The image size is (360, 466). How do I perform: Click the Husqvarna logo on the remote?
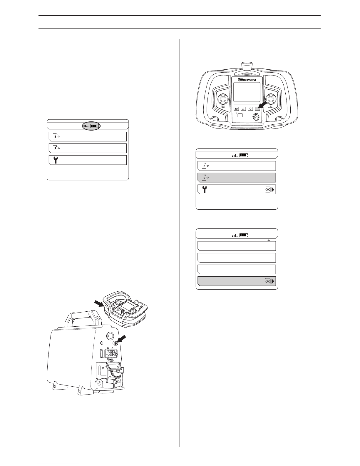pyautogui.click(x=247, y=80)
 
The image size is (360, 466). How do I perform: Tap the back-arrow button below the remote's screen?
pyautogui.click(x=236, y=109)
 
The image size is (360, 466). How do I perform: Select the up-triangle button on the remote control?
pyautogui.click(x=243, y=109)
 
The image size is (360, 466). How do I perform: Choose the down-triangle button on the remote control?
pyautogui.click(x=250, y=109)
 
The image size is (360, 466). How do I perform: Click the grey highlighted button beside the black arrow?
pyautogui.click(x=257, y=109)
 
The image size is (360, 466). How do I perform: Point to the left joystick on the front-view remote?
pyautogui.click(x=223, y=99)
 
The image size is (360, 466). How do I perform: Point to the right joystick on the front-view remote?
pyautogui.click(x=271, y=99)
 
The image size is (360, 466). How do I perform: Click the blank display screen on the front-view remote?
pyautogui.click(x=247, y=92)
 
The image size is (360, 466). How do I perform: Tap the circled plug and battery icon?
pyautogui.click(x=91, y=126)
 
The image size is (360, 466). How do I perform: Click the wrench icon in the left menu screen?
pyautogui.click(x=56, y=160)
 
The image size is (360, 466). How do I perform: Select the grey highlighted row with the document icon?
pyautogui.click(x=237, y=178)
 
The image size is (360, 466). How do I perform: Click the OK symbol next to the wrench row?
pyautogui.click(x=268, y=190)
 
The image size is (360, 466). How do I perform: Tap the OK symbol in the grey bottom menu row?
pyautogui.click(x=268, y=281)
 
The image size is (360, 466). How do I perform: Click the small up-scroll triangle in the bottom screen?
pyautogui.click(x=269, y=240)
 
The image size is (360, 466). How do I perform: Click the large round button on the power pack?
pyautogui.click(x=110, y=335)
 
